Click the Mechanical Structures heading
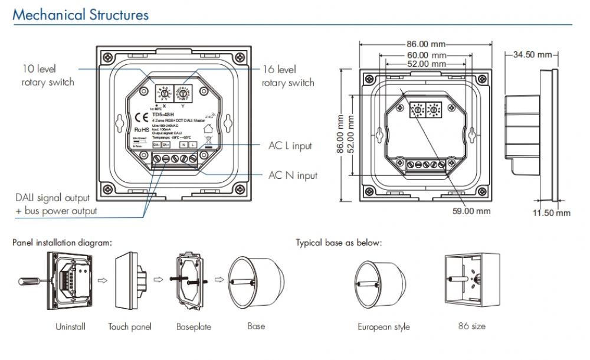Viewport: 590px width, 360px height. click(x=81, y=15)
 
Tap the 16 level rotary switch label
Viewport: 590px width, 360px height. click(x=288, y=76)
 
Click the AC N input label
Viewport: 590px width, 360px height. click(x=293, y=175)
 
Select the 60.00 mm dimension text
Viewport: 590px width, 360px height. click(x=425, y=54)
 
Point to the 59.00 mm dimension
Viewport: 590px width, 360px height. click(x=471, y=211)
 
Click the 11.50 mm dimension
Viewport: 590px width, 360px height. click(x=552, y=213)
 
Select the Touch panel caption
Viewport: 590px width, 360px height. click(x=130, y=326)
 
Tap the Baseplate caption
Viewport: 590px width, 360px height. click(x=194, y=326)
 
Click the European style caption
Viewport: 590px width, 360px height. click(x=383, y=327)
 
